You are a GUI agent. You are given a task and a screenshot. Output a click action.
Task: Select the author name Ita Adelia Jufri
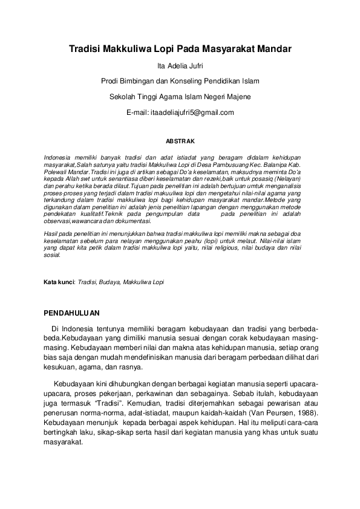pyautogui.click(x=180, y=65)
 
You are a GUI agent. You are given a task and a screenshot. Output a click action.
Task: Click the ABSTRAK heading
pyautogui.click(x=180, y=141)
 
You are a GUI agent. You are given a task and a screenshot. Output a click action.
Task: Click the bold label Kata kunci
pyautogui.click(x=58, y=282)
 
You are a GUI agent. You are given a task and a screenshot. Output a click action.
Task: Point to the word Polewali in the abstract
pyautogui.click(x=58, y=172)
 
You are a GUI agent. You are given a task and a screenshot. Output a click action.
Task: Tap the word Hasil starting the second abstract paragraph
pyautogui.click(x=53, y=233)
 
